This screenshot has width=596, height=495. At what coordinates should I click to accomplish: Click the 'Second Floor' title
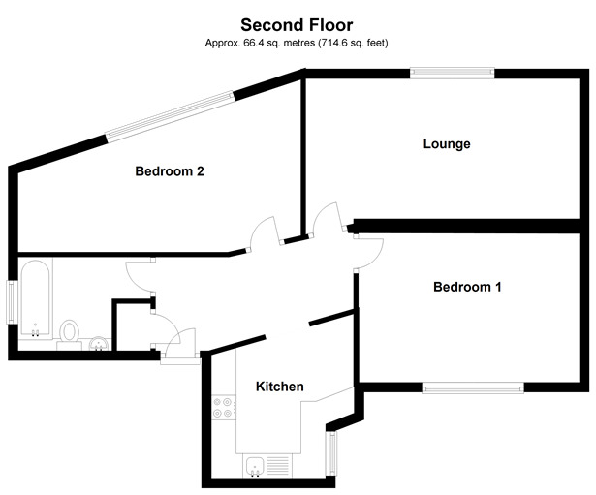point(297,25)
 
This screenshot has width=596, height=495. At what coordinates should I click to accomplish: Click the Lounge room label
point(447,144)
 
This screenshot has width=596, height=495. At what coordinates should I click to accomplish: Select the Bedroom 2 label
point(169,171)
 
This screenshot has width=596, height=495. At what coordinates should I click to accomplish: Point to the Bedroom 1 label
point(467,287)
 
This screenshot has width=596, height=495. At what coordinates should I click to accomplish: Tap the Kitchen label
point(279,387)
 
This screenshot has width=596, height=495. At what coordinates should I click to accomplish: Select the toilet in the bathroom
point(69,333)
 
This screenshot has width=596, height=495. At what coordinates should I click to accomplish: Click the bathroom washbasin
point(97,343)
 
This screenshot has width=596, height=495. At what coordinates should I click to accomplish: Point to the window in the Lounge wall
point(452,70)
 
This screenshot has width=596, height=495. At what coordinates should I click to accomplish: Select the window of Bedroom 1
point(473,388)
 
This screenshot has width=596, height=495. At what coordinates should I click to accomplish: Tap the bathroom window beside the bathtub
point(12,302)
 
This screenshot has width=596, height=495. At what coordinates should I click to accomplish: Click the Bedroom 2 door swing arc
point(264,233)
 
